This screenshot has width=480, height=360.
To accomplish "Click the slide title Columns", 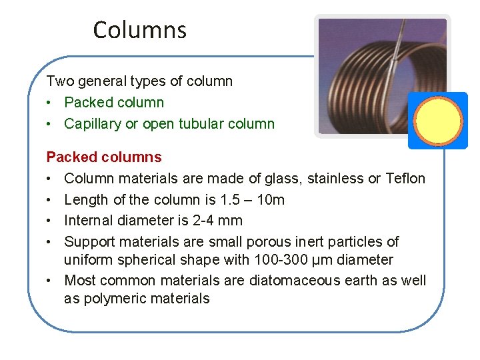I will [140, 30].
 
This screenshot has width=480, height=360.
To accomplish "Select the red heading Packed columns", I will [104, 157].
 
